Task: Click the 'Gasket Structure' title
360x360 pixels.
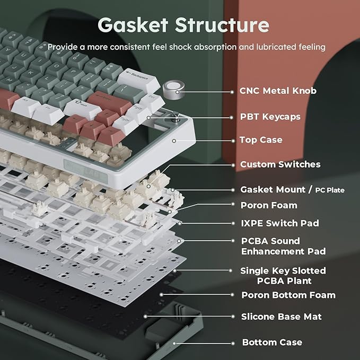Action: pyautogui.click(x=183, y=25)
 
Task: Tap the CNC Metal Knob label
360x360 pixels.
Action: pyautogui.click(x=278, y=91)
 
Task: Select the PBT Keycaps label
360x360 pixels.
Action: pyautogui.click(x=270, y=117)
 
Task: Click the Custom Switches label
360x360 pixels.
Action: pyautogui.click(x=280, y=164)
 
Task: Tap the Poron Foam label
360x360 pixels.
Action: pyautogui.click(x=269, y=205)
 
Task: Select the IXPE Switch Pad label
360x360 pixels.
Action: pyautogui.click(x=280, y=223)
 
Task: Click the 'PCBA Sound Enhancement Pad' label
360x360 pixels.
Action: pyautogui.click(x=283, y=246)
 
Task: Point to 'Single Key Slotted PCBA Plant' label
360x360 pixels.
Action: pyautogui.click(x=283, y=276)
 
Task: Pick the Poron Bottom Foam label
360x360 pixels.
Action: pyautogui.click(x=288, y=295)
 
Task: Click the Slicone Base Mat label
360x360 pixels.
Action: pyautogui.click(x=281, y=317)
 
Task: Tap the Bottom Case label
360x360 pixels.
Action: pyautogui.click(x=272, y=343)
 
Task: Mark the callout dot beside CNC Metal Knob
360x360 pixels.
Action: pyautogui.click(x=233, y=91)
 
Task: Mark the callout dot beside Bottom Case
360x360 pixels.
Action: pyautogui.click(x=233, y=343)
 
